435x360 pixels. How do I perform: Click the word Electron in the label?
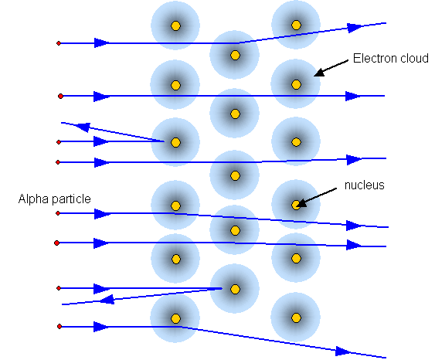click(373, 58)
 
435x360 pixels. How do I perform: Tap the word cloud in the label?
click(412, 58)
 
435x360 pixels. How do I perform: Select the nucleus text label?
click(364, 185)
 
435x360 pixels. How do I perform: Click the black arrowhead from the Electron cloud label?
click(319, 72)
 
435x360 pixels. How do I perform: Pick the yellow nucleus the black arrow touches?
click(296, 205)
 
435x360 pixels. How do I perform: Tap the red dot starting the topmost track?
click(59, 43)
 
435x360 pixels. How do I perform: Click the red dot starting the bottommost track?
click(59, 327)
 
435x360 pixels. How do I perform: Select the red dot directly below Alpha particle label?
click(58, 213)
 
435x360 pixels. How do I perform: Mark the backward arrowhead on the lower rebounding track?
click(107, 299)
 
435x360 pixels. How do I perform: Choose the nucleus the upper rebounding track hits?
click(175, 143)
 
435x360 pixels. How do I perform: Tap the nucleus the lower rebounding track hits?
click(235, 289)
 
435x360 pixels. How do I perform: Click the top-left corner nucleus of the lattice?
click(175, 25)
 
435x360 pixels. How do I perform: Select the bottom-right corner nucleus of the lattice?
click(296, 318)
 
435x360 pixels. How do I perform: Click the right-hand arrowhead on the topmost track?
click(355, 28)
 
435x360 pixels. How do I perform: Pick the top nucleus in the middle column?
click(235, 55)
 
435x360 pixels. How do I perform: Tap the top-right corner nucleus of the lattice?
click(296, 25)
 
